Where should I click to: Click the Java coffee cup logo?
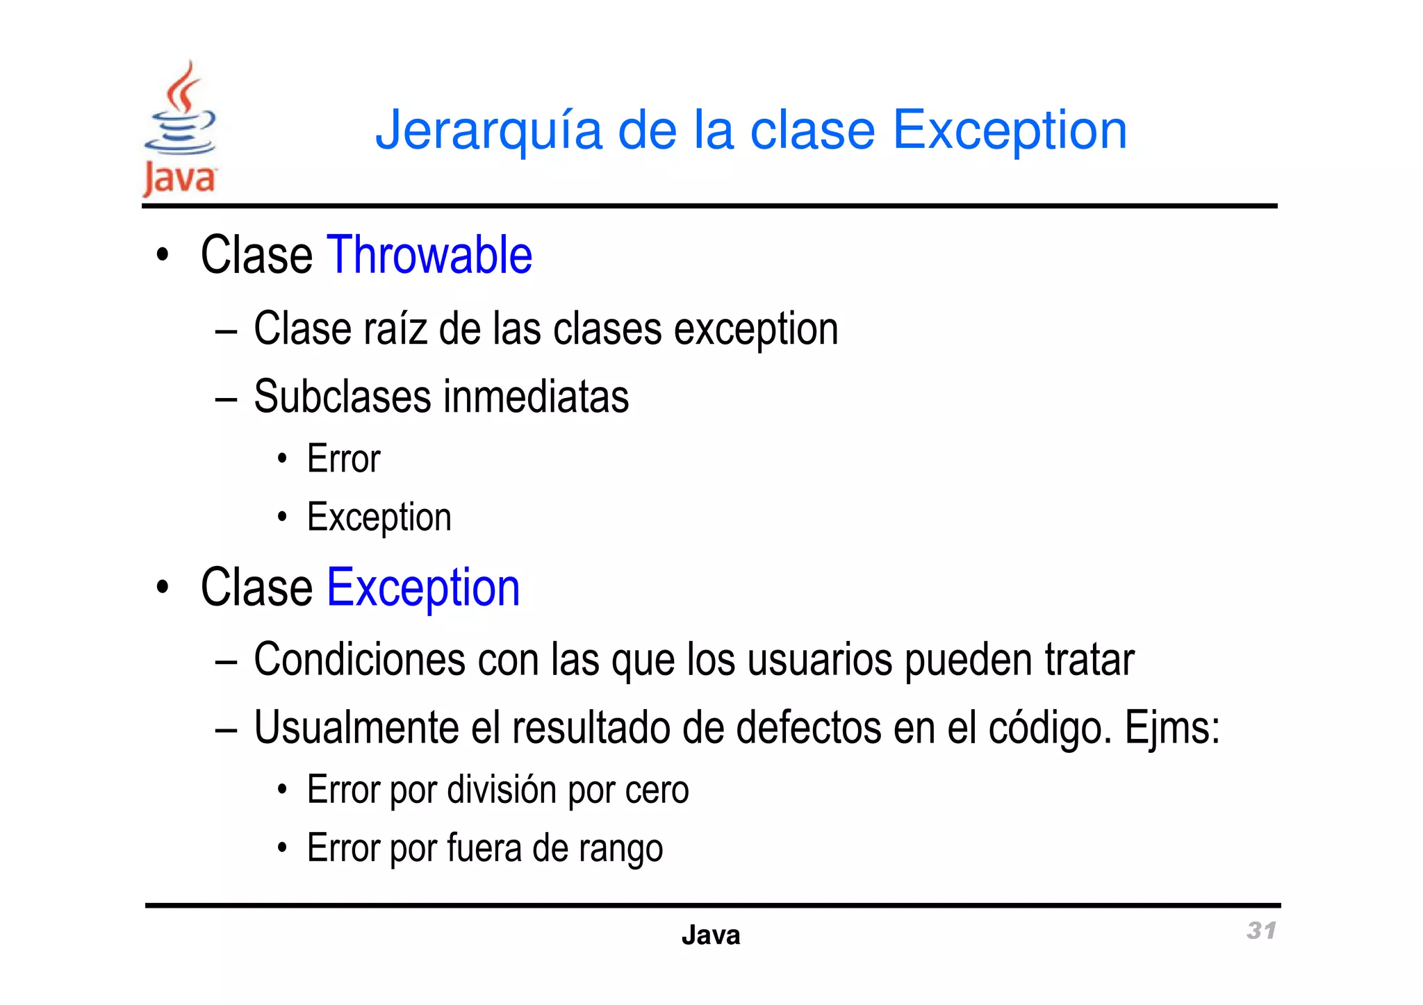pos(180,128)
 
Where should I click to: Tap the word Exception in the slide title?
pos(1009,131)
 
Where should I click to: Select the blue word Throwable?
pos(429,256)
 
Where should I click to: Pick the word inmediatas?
pos(536,397)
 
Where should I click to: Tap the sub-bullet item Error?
pos(343,459)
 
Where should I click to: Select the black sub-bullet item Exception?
pos(379,517)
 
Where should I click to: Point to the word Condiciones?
pos(359,659)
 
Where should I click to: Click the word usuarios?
pos(819,659)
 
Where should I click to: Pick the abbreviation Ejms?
pos(1172,728)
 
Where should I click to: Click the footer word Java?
pos(710,936)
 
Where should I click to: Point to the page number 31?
pos(1261,931)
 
